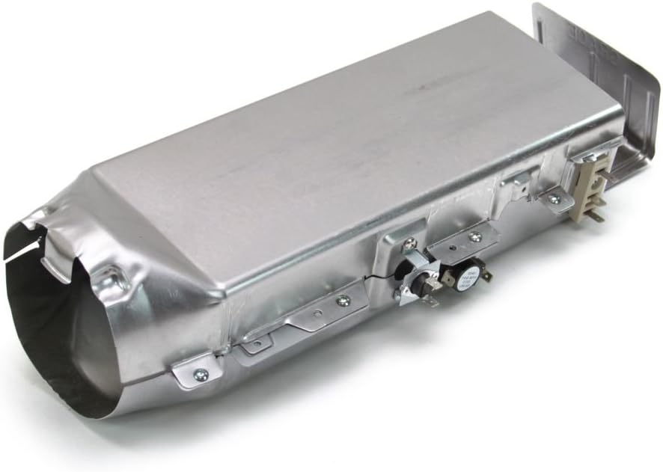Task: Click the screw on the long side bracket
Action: point(343,301)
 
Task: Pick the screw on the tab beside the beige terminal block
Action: point(554,198)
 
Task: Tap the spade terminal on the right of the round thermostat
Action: point(487,275)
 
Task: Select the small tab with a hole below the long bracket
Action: point(257,345)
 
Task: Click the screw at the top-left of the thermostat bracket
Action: point(409,242)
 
